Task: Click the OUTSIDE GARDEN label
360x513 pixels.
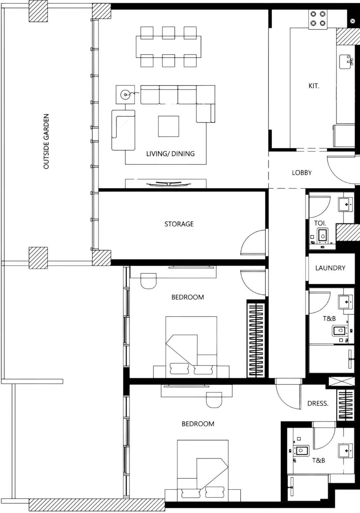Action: pos(46,141)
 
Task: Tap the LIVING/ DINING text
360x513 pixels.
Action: pos(170,154)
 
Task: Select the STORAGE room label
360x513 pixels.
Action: pos(179,224)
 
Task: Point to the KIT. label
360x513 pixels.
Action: pos(314,86)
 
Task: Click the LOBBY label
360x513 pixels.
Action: pos(302,173)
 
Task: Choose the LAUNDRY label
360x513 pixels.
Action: pos(330,268)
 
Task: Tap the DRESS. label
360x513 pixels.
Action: pos(318,403)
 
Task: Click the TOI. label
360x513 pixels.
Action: pos(320,223)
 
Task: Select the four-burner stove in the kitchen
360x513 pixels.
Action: pos(318,18)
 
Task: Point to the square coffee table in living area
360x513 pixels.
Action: pos(168,126)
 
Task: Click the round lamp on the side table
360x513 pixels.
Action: pos(125,95)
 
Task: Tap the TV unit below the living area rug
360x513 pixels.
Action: pos(166,184)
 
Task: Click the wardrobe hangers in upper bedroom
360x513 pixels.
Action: pos(256,340)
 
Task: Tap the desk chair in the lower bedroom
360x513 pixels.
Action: pos(214,400)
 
